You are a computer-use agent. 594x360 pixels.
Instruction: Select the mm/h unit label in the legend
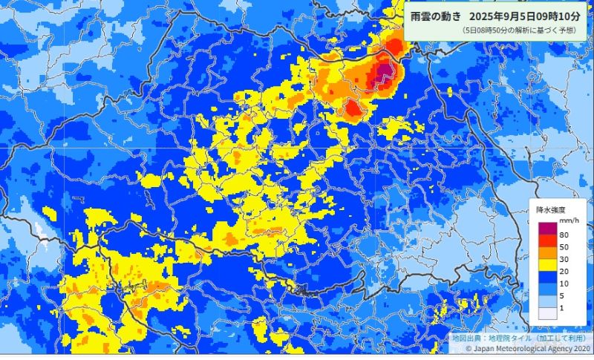pos(569,221)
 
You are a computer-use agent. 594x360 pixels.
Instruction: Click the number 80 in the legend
pos(564,235)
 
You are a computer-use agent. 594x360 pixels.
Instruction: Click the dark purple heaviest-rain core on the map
pos(383,71)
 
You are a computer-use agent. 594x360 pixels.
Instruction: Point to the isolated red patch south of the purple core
pos(353,110)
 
